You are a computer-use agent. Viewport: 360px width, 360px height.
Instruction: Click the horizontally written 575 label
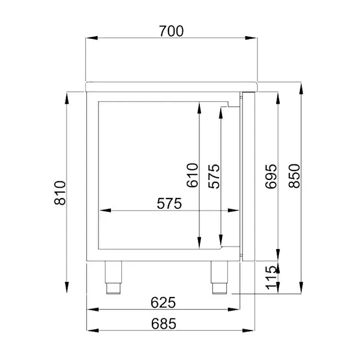pos(169,203)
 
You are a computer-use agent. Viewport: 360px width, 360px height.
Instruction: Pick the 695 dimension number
pos(271,176)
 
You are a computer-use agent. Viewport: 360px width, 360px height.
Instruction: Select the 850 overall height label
pos(294,176)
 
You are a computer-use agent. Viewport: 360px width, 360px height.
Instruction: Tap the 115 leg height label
pos(271,278)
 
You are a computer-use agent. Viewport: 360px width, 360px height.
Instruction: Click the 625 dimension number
pos(163,302)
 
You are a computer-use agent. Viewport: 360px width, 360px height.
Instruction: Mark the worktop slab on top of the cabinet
pos(171,86)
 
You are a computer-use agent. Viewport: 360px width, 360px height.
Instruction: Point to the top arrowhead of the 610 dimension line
pos(199,109)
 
